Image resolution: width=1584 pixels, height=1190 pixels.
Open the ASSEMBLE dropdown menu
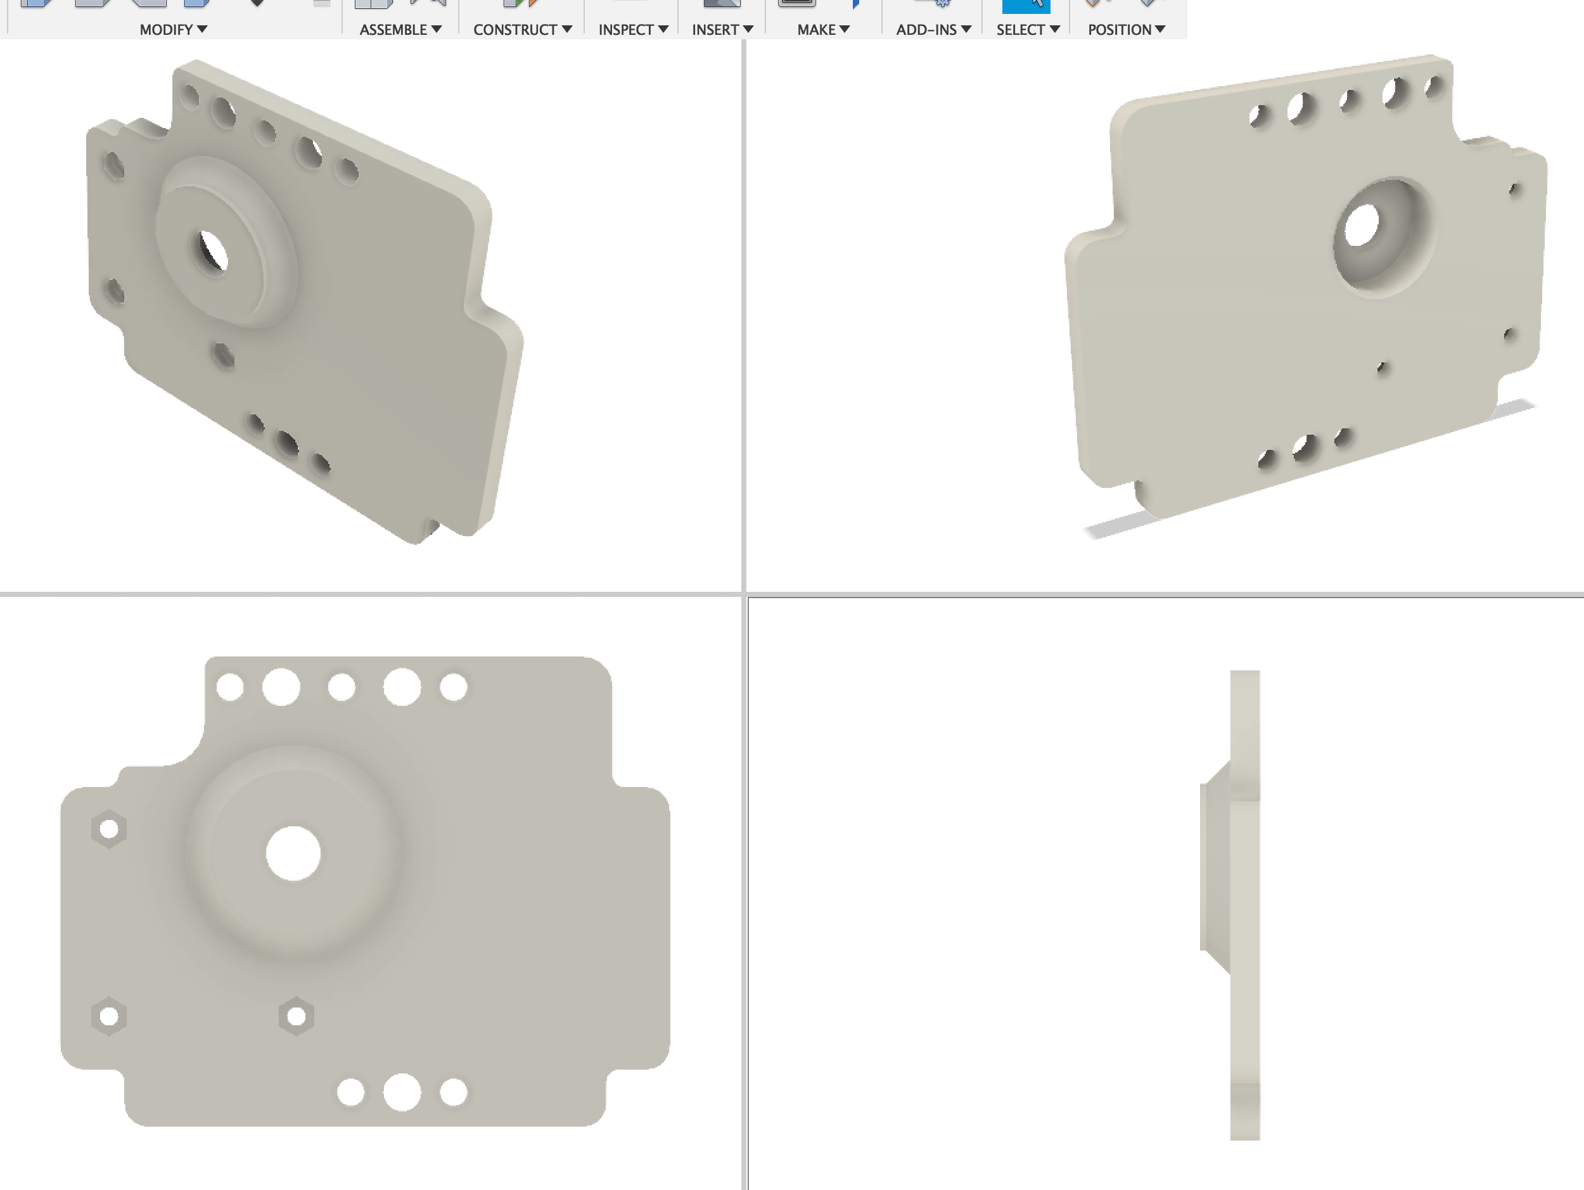pos(400,29)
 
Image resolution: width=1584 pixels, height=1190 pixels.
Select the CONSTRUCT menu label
pos(522,29)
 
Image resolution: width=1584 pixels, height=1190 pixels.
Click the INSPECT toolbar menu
pos(633,29)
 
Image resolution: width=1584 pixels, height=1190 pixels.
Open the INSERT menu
pos(722,29)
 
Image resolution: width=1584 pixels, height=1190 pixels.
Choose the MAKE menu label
pos(824,29)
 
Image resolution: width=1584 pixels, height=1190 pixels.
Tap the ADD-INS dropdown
pos(933,29)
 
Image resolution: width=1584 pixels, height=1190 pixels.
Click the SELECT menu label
pos(1028,29)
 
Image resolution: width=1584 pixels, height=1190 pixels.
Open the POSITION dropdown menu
pos(1127,29)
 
